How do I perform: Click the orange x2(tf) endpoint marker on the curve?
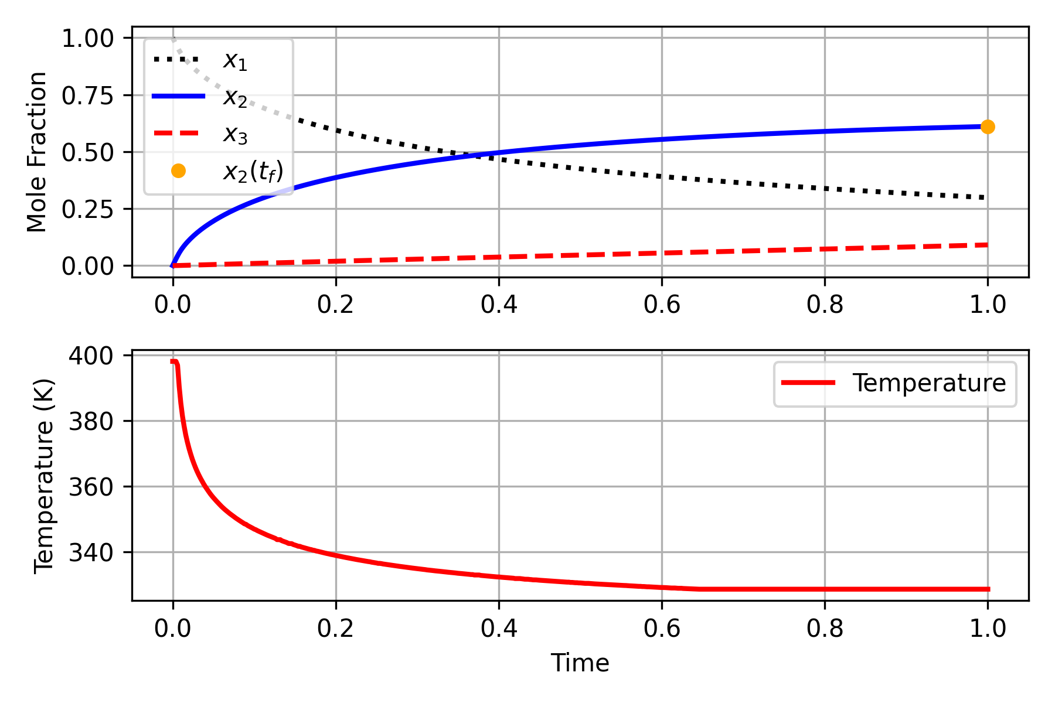point(988,127)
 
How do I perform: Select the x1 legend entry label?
point(235,60)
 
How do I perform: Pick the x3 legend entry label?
point(235,135)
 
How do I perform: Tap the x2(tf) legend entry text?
point(253,172)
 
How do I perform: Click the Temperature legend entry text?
point(929,383)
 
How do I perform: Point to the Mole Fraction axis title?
point(38,152)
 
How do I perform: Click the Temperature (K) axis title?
point(44,476)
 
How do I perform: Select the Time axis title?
point(580,663)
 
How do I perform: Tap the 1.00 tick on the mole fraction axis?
point(87,39)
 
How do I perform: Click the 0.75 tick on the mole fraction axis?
point(87,95)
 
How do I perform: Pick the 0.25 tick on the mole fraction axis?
point(87,209)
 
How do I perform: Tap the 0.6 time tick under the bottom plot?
point(662,629)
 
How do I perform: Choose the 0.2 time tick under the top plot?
point(335,305)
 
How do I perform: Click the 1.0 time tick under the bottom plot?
point(988,629)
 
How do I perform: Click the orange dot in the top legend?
point(178,171)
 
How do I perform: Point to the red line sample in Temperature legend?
point(808,383)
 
